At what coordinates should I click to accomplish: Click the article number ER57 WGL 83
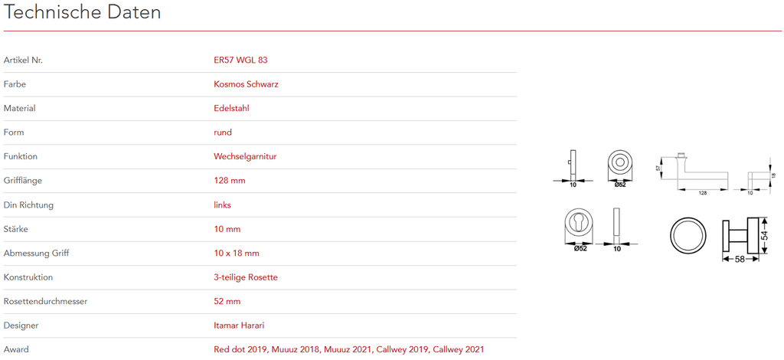click(240, 60)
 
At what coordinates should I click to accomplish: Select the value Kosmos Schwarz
click(246, 84)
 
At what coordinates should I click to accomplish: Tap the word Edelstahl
click(231, 109)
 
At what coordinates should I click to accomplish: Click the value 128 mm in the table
click(229, 181)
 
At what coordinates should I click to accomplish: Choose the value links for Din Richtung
click(222, 205)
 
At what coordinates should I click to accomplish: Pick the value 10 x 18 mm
click(237, 254)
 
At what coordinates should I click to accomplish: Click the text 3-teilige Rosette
click(245, 277)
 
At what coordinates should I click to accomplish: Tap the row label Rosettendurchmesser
click(45, 302)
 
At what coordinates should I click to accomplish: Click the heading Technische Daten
click(82, 13)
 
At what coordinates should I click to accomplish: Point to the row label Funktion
click(21, 157)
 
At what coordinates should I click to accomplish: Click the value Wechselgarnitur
click(245, 157)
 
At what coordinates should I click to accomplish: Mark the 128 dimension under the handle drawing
click(702, 193)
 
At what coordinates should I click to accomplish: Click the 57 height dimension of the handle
click(658, 169)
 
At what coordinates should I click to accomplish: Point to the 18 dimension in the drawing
click(773, 176)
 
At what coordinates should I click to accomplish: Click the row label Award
click(16, 350)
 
